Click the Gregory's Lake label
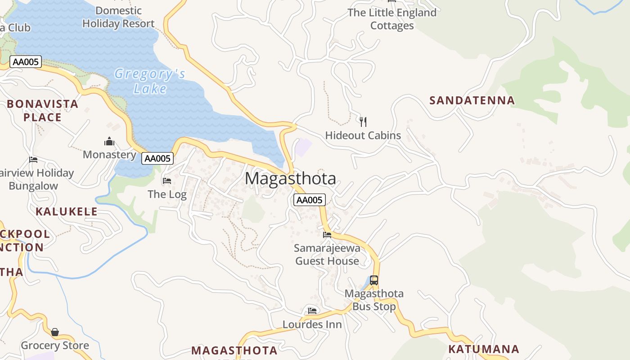pyautogui.click(x=150, y=81)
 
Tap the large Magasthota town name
pyautogui.click(x=290, y=179)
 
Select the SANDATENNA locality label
pyautogui.click(x=472, y=100)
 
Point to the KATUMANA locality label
pyautogui.click(x=484, y=349)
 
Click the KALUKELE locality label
pyautogui.click(x=67, y=211)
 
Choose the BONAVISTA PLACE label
pyautogui.click(x=42, y=111)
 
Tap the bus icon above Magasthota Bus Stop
pyautogui.click(x=373, y=280)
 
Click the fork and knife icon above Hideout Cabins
pyautogui.click(x=363, y=121)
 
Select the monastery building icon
pyautogui.click(x=109, y=142)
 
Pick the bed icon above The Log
pyautogui.click(x=167, y=181)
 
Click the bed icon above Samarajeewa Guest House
pyautogui.click(x=327, y=234)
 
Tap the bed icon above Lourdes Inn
pyautogui.click(x=312, y=310)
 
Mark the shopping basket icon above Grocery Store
pyautogui.click(x=55, y=332)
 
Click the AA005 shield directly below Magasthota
pyautogui.click(x=309, y=200)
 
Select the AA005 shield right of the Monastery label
pyautogui.click(x=157, y=158)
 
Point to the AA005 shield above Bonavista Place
pyautogui.click(x=26, y=62)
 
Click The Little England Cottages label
pyautogui.click(x=392, y=19)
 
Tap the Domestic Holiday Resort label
pyautogui.click(x=118, y=17)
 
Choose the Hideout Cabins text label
pyautogui.click(x=363, y=135)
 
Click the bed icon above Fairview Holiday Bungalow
pyautogui.click(x=33, y=159)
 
